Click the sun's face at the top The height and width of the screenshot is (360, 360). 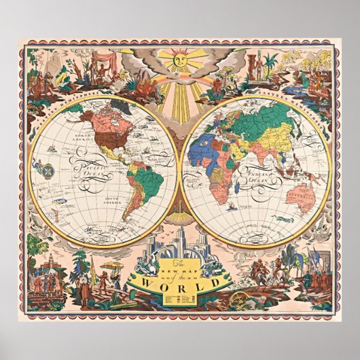(180, 61)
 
